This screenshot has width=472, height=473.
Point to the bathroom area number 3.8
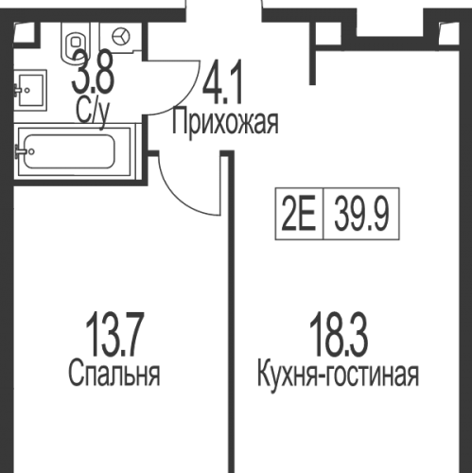92,73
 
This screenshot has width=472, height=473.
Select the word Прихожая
225,123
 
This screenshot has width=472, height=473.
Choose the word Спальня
114,374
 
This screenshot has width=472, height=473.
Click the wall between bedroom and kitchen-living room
227,331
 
